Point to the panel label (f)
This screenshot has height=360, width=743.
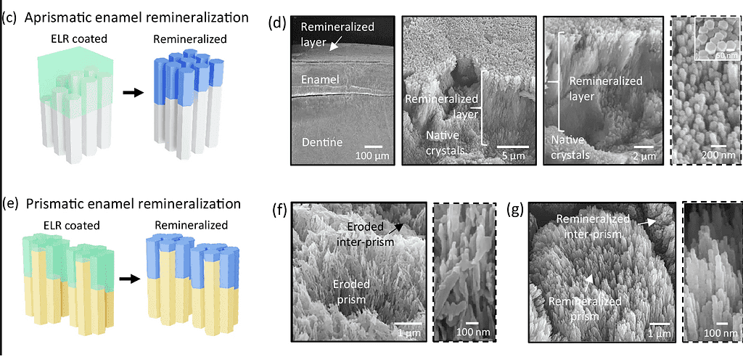[276, 211]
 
